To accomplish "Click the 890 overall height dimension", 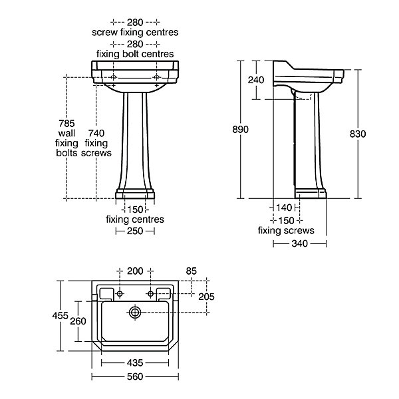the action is pyautogui.click(x=240, y=130).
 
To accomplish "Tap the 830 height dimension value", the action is pyautogui.click(x=358, y=134).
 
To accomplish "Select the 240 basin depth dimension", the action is pyautogui.click(x=256, y=80).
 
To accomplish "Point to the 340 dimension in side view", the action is pyautogui.click(x=300, y=243).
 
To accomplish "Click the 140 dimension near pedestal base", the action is pyautogui.click(x=284, y=207).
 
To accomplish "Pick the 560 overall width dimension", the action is pyautogui.click(x=135, y=376).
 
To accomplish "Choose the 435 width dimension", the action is pyautogui.click(x=135, y=362).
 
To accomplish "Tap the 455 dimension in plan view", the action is pyautogui.click(x=61, y=315).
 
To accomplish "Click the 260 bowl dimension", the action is pyautogui.click(x=78, y=321).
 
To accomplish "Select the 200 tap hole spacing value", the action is pyautogui.click(x=135, y=271).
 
